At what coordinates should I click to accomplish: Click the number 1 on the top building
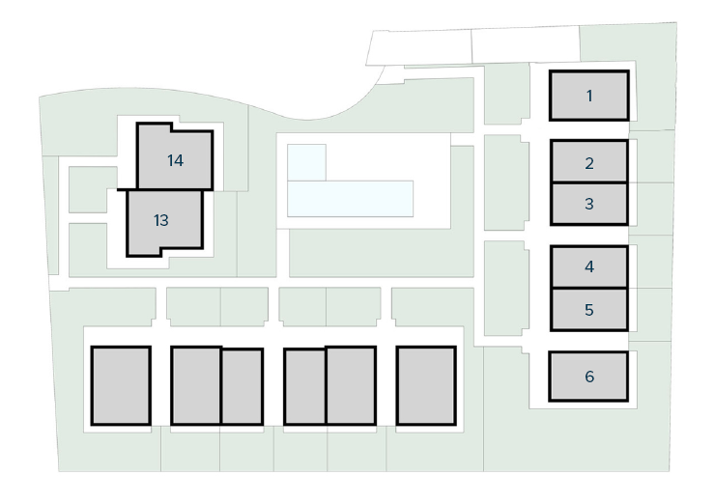point(589,97)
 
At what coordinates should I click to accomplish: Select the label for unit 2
point(589,163)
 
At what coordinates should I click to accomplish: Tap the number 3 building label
point(589,204)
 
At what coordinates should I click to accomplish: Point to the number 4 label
point(589,266)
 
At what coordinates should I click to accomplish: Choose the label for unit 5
point(589,310)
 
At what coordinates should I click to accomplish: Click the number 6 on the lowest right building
point(589,377)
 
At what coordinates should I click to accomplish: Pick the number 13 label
point(161,220)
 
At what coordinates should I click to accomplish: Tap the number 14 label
point(175,160)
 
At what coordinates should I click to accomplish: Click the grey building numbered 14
point(175,156)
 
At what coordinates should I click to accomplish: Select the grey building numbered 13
point(164,222)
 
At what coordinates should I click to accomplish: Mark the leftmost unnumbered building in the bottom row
point(121,385)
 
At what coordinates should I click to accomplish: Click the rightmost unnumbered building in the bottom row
point(426,385)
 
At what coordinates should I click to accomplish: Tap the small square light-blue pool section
point(306,162)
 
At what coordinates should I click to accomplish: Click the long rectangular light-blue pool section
point(350,199)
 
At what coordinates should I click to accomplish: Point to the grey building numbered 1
point(589,96)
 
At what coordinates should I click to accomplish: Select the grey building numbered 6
point(588,377)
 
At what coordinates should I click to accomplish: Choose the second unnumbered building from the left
point(196,385)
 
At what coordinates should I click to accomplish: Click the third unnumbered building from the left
point(243,387)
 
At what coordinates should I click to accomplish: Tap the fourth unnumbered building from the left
point(304,387)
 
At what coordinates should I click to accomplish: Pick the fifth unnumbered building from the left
point(351,385)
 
